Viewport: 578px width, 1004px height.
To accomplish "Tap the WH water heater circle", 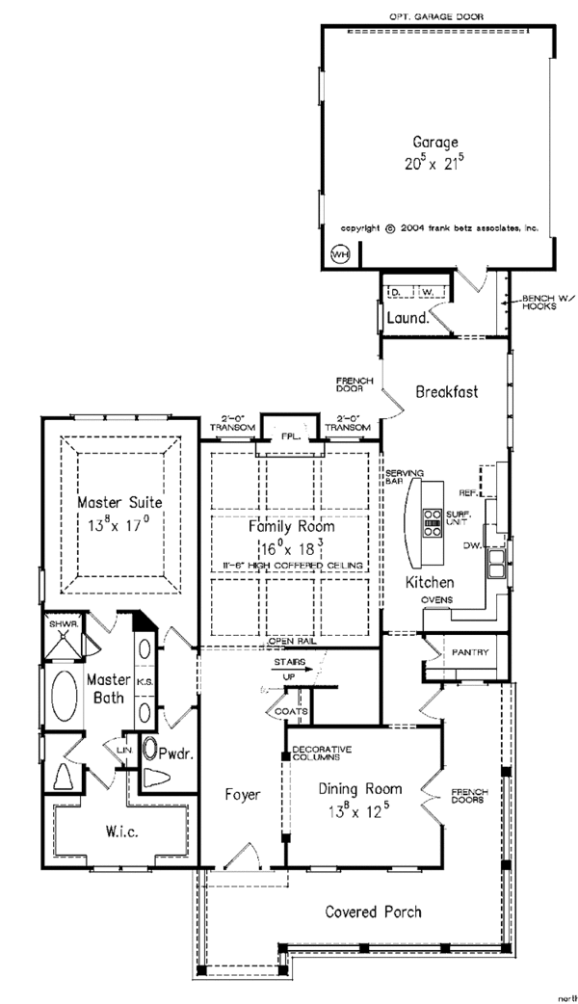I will pyautogui.click(x=339, y=253).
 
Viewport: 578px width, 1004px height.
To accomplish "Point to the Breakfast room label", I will pyautogui.click(x=447, y=391).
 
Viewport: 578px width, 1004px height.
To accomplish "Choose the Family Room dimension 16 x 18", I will pyautogui.click(x=291, y=545).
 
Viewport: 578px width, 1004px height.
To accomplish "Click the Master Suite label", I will pyautogui.click(x=120, y=502).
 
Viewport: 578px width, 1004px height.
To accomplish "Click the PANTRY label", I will pyautogui.click(x=469, y=653).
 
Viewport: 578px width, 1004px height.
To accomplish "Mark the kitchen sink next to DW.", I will pyautogui.click(x=496, y=563).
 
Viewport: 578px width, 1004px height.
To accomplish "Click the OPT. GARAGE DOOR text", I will pyautogui.click(x=435, y=16).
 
